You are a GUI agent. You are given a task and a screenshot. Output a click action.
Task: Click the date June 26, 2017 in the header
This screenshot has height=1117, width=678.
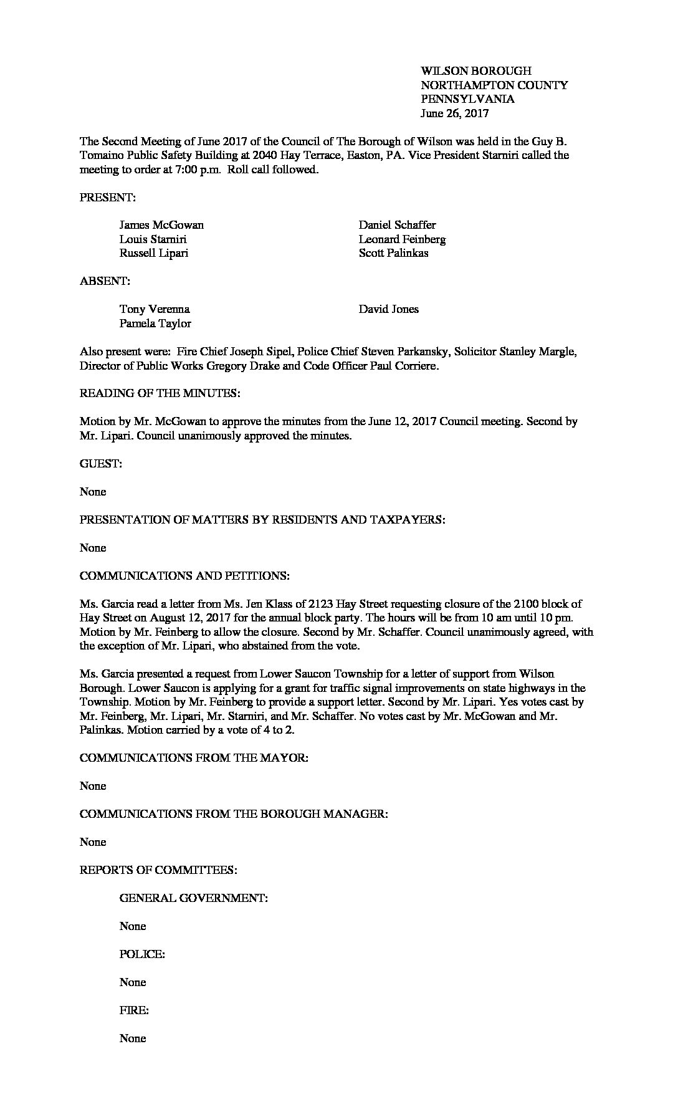click(x=454, y=113)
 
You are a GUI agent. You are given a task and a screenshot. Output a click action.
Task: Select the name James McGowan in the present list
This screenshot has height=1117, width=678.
click(x=161, y=225)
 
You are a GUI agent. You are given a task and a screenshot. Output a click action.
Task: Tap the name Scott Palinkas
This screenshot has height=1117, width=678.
click(x=393, y=253)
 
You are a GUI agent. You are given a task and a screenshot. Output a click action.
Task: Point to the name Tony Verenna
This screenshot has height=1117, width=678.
click(x=155, y=309)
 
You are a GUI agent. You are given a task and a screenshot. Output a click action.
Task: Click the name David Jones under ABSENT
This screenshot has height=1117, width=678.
click(x=388, y=309)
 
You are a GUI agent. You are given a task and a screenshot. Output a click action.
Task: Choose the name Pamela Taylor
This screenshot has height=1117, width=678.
click(x=155, y=324)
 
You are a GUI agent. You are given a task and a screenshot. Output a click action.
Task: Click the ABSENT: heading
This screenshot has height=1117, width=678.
click(x=105, y=281)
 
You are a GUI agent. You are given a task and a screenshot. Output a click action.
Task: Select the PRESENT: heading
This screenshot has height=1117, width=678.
click(x=107, y=197)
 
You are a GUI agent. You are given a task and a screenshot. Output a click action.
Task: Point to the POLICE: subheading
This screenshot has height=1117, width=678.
click(x=142, y=954)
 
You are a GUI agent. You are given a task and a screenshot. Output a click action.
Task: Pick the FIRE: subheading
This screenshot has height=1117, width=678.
click(x=134, y=1010)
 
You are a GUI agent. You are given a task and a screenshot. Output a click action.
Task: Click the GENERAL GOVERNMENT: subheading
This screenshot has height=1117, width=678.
click(x=194, y=898)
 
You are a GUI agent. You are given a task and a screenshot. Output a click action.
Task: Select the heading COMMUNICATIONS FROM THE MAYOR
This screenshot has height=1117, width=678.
click(x=194, y=758)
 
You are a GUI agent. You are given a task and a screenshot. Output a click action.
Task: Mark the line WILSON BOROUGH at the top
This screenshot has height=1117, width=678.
click(x=476, y=71)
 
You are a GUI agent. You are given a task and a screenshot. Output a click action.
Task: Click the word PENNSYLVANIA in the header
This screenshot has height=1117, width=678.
click(x=467, y=99)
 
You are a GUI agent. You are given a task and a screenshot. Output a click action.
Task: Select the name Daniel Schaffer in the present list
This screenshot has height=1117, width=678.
click(x=397, y=225)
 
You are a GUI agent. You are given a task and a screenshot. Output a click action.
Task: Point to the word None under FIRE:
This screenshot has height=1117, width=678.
click(x=133, y=1038)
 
